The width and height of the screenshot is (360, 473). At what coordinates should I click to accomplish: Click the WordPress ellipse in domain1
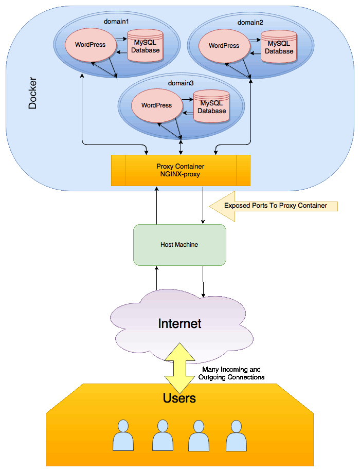pos(90,45)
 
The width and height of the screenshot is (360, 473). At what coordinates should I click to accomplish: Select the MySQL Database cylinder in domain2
pos(279,47)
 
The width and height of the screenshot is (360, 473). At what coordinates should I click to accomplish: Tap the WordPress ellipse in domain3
pos(156,105)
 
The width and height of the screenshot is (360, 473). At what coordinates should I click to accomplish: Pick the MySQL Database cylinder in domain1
pos(146,46)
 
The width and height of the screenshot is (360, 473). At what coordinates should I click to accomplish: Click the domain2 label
pos(250,23)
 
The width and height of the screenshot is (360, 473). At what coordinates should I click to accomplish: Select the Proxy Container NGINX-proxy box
pos(181,170)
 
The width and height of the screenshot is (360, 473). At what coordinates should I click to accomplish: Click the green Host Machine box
pos(179,245)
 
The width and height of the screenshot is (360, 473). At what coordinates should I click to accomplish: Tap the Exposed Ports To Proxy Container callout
pos(275,206)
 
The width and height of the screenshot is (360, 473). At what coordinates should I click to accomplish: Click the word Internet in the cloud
pos(179,324)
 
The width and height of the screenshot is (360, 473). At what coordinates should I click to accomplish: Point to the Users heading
pos(179,398)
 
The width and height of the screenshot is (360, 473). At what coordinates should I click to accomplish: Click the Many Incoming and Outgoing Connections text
pos(231,373)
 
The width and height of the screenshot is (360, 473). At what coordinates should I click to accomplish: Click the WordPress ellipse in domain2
pos(224,46)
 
